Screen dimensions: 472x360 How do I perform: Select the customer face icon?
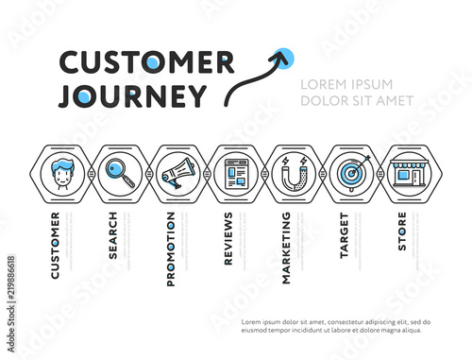[64, 174]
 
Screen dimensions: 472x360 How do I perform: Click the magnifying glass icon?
[121, 174]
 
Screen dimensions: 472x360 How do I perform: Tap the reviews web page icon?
[235, 174]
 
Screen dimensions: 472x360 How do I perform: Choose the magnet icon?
[293, 174]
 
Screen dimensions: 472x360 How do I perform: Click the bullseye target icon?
[350, 174]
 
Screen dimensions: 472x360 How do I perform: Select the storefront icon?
[408, 174]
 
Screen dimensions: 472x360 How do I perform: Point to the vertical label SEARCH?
[113, 234]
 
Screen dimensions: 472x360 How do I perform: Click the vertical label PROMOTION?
[171, 249]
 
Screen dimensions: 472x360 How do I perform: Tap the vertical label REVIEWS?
[228, 240]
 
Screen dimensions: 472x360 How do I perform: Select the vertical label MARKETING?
[286, 248]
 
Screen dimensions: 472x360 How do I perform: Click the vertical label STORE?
[401, 231]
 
